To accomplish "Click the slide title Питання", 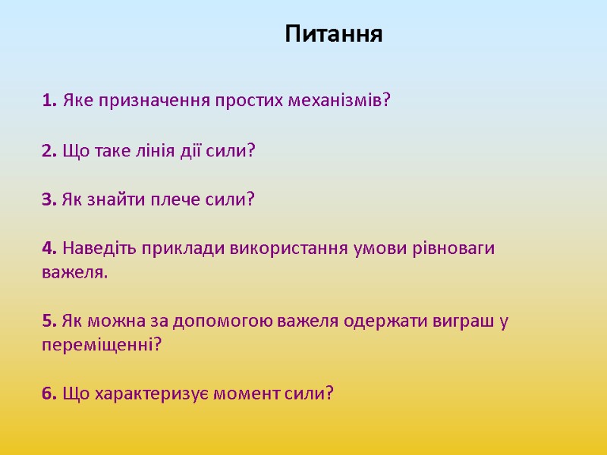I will pos(335,35).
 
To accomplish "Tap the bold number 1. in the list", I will pos(49,100).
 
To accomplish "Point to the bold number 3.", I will pos(49,199).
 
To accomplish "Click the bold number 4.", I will pos(49,249).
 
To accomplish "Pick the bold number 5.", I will pos(49,322).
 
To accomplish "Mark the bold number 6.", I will pos(49,394).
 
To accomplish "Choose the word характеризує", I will pos(158,394).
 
